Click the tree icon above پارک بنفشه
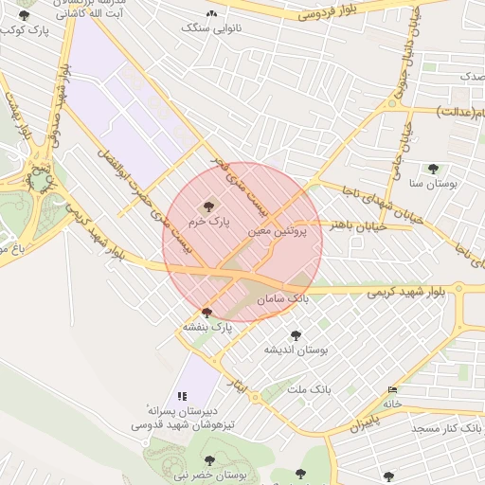click(207, 312)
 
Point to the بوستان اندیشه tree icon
click(296, 334)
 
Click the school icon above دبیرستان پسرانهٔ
click(182, 396)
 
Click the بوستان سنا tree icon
click(433, 169)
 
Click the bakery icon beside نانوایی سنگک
click(211, 13)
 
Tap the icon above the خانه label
click(392, 389)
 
